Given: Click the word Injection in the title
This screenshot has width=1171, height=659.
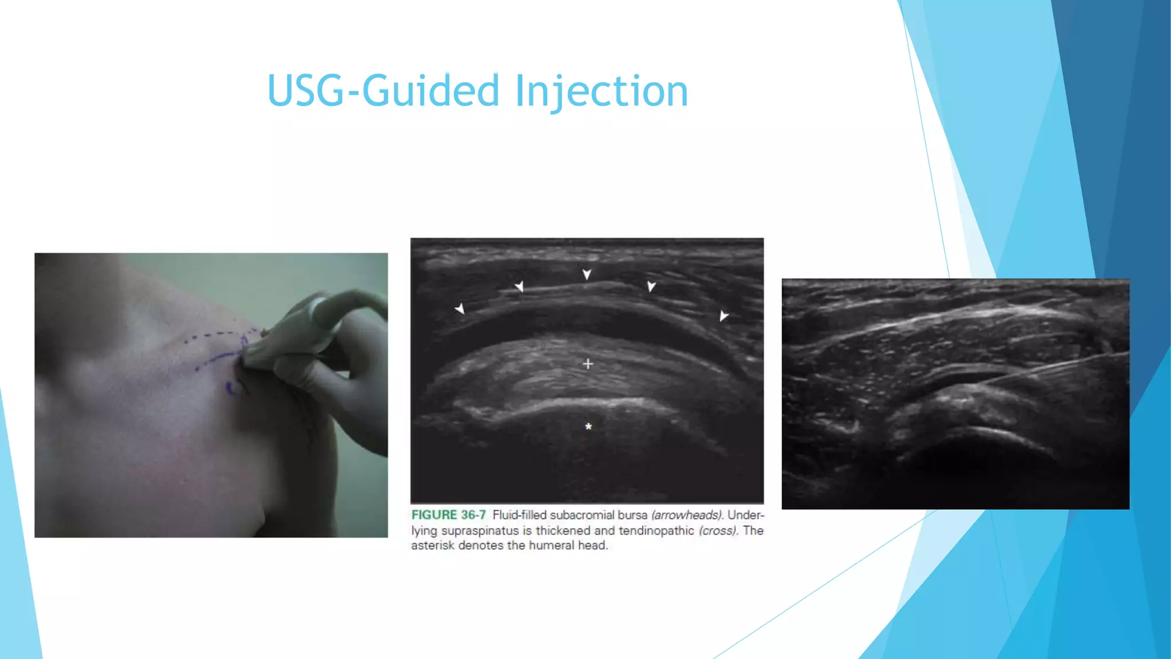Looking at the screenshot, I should coord(602,92).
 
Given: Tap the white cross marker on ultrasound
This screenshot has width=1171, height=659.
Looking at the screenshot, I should coord(588,364).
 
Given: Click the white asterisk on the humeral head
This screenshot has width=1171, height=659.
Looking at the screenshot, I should coord(588,427).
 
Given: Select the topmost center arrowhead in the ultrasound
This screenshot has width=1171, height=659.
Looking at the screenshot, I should coord(587,275).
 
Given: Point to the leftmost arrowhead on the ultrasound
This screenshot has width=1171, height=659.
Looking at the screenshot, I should coord(460,309).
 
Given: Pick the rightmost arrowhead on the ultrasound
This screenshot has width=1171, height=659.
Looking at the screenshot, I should coord(723,316).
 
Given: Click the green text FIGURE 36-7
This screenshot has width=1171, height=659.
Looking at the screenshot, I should coord(448,515).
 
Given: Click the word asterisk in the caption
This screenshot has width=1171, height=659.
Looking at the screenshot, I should coord(432,546).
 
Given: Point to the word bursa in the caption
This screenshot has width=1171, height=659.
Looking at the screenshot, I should coord(632,515).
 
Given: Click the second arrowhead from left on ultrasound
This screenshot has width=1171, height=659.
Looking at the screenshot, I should coord(519,286).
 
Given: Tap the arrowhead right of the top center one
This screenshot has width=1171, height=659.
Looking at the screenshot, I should coord(651,286).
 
